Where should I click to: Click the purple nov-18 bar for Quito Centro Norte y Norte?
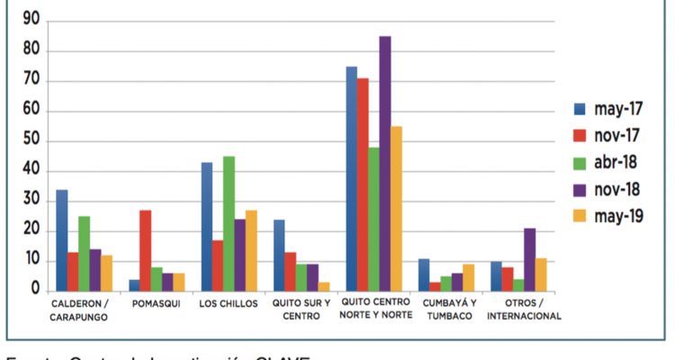click(x=385, y=163)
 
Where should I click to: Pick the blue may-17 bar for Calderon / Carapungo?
click(x=61, y=240)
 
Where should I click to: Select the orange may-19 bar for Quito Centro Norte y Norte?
click(x=397, y=208)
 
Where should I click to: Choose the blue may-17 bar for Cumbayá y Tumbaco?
click(x=424, y=274)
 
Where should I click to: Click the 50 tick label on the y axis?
click(x=31, y=141)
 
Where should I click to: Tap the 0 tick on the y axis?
click(x=34, y=291)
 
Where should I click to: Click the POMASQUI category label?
click(x=157, y=303)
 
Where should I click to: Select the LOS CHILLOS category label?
click(x=229, y=303)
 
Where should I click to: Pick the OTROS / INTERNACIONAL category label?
click(x=520, y=309)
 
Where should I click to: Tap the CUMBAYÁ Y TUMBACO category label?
click(x=449, y=309)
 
